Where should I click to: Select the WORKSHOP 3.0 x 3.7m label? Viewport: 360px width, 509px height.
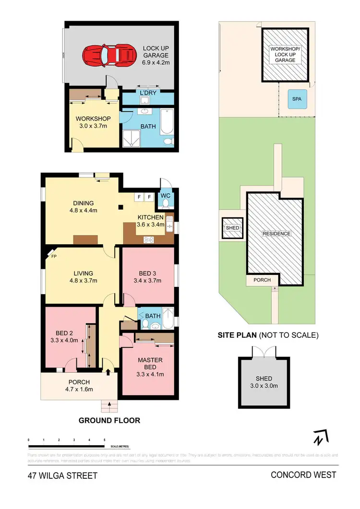(x=94, y=122)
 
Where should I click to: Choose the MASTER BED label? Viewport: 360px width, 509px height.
(x=150, y=364)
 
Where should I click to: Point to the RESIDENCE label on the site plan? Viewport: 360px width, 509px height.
(x=276, y=234)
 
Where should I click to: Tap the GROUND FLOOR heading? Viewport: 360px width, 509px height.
(x=110, y=421)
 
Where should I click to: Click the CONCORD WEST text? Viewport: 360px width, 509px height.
(x=303, y=475)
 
